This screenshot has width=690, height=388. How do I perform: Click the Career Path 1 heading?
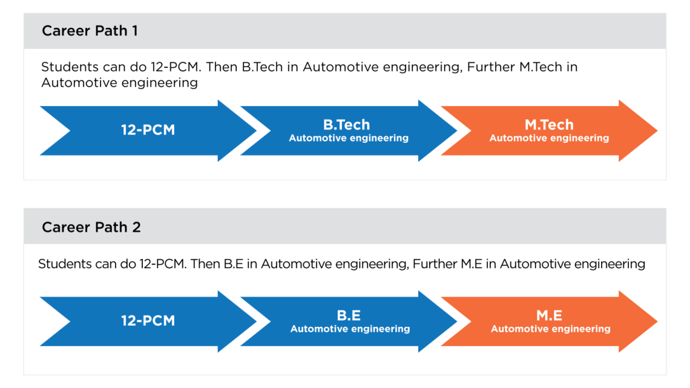(90, 31)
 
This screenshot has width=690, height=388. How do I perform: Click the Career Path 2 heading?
(91, 227)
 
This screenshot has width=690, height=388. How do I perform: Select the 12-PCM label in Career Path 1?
(148, 130)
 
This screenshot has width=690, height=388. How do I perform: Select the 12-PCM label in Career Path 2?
(148, 321)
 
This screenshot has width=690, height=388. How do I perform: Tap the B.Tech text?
(346, 125)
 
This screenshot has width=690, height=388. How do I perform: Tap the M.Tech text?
(549, 125)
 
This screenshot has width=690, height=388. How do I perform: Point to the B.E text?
(349, 315)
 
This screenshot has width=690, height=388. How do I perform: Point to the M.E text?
(550, 315)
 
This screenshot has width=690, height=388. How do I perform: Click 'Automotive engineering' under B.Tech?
(349, 139)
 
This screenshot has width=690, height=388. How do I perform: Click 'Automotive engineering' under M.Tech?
(549, 139)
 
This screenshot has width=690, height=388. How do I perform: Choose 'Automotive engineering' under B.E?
(350, 329)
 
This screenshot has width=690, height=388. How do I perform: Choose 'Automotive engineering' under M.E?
(550, 329)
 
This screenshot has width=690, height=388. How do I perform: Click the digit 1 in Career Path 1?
(134, 31)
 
